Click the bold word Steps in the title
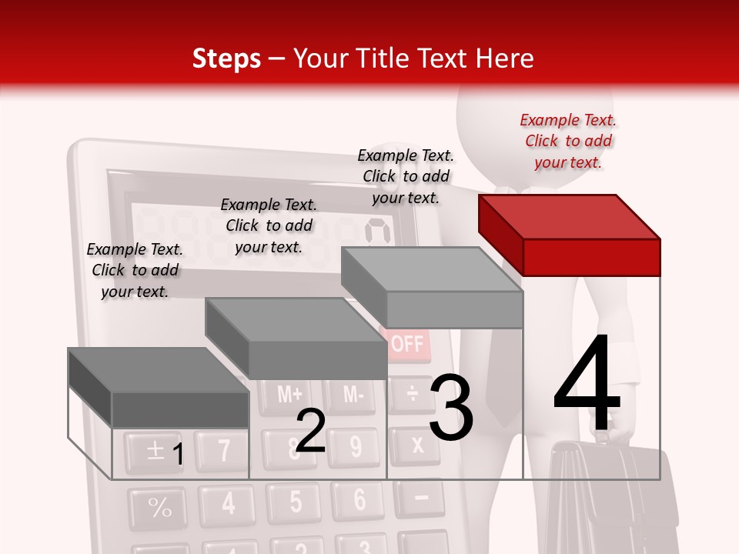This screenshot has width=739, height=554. coord(226,58)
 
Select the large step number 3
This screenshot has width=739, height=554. coord(451,407)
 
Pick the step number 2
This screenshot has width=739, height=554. coord(310,431)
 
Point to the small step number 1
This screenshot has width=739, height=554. coord(177,454)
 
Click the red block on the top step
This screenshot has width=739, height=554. coord(570,235)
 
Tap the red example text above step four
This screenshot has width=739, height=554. coord(568,141)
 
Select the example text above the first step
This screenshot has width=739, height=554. coord(135,270)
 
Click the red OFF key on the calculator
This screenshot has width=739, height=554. coord(406,343)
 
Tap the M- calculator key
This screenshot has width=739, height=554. coord(353,395)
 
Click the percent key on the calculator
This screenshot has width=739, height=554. coord(159,508)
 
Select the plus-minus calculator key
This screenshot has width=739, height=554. coord(154,451)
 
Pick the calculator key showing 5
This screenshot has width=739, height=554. coord(296,502)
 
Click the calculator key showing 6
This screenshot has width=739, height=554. coord(359,500)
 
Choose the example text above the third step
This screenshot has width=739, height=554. coord(406,176)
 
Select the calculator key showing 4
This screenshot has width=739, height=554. coord(228,504)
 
